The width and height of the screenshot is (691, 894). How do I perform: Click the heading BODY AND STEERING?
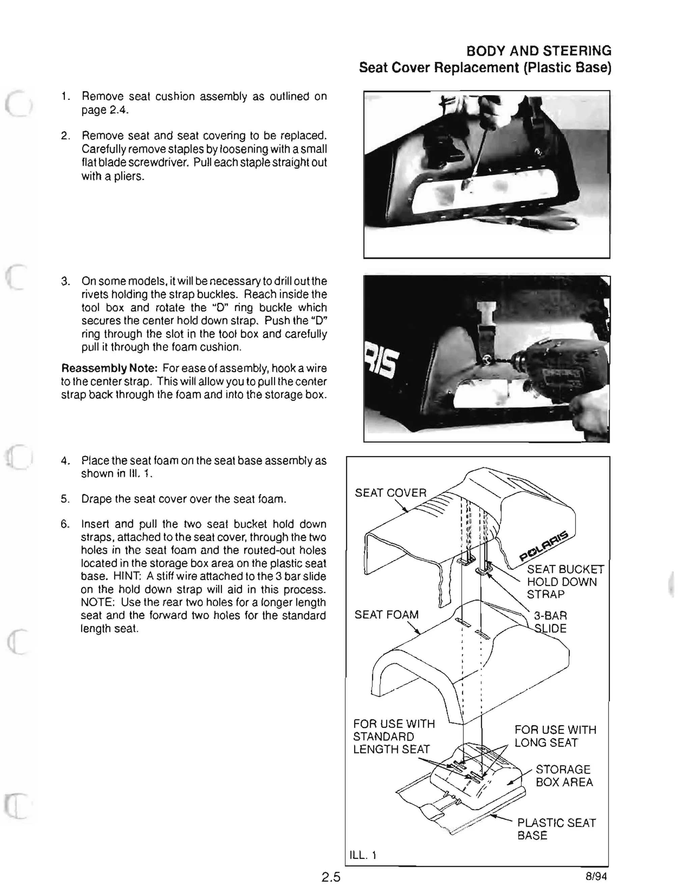coord(538,51)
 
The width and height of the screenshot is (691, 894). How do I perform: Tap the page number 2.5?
coord(331,877)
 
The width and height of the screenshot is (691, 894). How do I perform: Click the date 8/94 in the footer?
coord(596,876)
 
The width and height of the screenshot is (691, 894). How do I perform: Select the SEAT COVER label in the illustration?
coord(390,493)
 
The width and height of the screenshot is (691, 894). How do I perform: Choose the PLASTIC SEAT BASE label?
coord(556,829)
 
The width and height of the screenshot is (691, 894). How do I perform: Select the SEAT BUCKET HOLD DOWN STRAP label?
coord(564,582)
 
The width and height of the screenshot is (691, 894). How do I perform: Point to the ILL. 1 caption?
coord(362,855)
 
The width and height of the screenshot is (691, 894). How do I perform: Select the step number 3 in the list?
coord(65,282)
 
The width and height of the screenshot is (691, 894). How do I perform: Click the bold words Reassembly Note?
coord(109,368)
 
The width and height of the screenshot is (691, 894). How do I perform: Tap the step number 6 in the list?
coord(65,524)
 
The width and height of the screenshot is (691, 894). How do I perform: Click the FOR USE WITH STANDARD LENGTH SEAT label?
coord(393,737)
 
